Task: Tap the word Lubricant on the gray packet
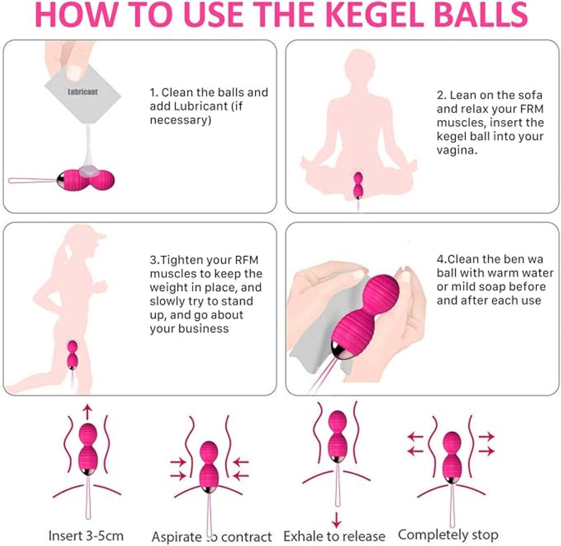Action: click(x=82, y=92)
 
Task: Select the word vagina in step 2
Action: click(x=457, y=151)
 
